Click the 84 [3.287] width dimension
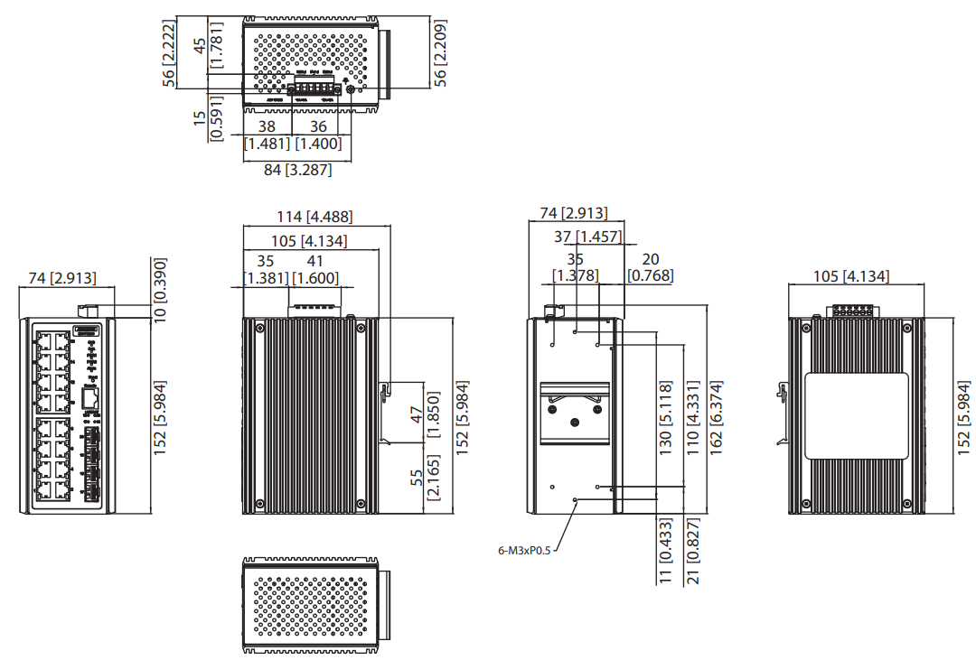(297, 170)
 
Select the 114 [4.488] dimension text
(315, 217)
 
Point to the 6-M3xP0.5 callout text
(523, 549)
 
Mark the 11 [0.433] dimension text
(665, 551)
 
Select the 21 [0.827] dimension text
(692, 551)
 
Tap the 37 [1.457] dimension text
(587, 237)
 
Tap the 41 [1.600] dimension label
(314, 270)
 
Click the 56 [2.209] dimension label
(441, 52)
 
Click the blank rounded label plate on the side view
(857, 416)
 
